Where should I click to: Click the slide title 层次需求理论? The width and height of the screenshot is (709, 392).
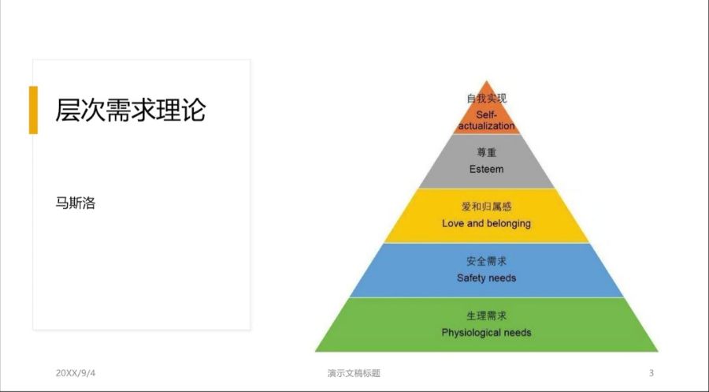130,110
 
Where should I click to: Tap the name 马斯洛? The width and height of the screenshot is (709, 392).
76,203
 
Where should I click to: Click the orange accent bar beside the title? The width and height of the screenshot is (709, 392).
33,110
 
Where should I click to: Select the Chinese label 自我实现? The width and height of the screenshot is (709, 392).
487,99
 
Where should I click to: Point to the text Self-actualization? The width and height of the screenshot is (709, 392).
487,121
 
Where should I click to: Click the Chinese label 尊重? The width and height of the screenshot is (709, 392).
487,152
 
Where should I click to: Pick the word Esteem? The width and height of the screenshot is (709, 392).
487,170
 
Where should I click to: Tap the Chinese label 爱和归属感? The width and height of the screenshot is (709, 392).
487,207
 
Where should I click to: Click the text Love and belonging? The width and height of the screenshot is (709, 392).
487,224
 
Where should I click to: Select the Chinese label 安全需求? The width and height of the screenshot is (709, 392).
487,261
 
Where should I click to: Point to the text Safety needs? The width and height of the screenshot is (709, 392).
487,278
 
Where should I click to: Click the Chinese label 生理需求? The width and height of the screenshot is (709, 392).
487,315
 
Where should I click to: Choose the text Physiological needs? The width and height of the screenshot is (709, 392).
487,333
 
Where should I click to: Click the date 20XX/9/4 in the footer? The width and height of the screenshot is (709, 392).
76,373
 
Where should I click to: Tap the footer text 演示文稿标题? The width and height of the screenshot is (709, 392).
354,373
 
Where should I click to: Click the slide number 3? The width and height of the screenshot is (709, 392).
651,373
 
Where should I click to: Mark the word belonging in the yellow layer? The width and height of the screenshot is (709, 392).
509,224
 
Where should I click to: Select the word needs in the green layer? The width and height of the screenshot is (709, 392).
518,333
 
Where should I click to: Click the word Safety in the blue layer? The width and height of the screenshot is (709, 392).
471,278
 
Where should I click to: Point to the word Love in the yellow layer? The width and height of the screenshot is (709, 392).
453,223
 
